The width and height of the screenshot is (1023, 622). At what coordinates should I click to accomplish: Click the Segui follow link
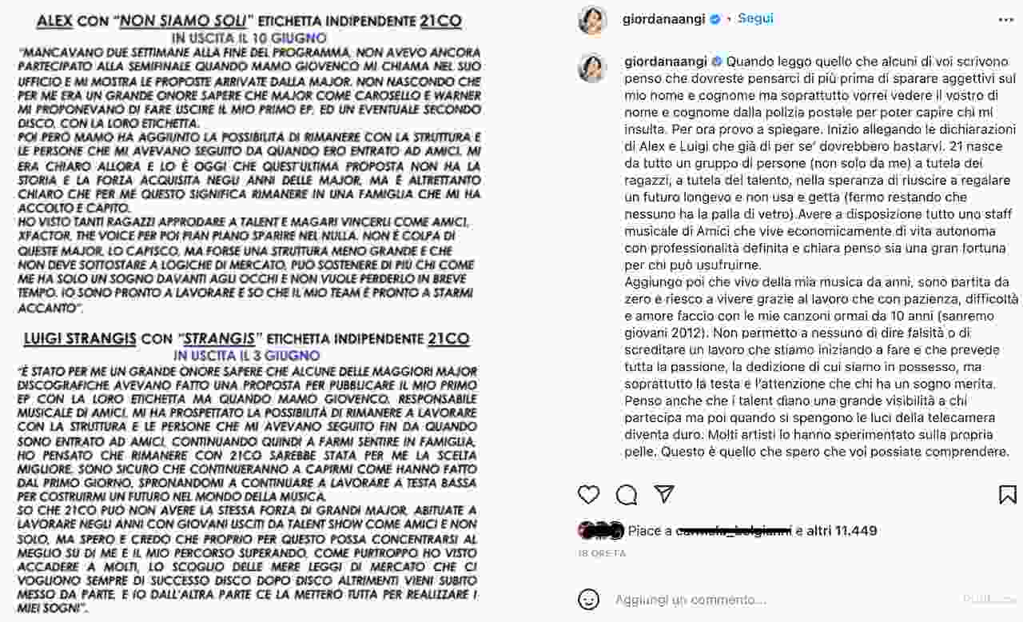tap(755, 18)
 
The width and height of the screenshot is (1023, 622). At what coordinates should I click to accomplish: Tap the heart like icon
tap(588, 495)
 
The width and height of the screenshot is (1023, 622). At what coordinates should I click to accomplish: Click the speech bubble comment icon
tap(627, 495)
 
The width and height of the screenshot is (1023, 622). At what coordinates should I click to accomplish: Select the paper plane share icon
tap(664, 494)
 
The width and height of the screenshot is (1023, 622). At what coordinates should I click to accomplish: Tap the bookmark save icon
tap(1007, 495)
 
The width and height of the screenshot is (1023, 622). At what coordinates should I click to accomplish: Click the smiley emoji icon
tap(589, 599)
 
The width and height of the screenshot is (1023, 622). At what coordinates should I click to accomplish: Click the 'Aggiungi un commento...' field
tap(691, 600)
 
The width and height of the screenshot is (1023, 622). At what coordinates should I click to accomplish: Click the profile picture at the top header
tap(592, 20)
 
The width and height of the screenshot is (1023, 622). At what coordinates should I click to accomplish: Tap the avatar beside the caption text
tap(592, 68)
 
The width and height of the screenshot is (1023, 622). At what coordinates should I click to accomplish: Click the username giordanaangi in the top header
tap(663, 19)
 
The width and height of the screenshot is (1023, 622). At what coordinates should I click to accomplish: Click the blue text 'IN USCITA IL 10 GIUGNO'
tap(249, 38)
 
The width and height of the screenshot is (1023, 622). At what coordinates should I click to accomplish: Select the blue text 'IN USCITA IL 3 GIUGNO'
tap(248, 355)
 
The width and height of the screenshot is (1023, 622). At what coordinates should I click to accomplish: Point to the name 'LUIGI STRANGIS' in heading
tap(79, 338)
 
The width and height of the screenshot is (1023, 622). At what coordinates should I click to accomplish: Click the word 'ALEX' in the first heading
tap(56, 21)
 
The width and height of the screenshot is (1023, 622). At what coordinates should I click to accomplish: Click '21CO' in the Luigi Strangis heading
tap(448, 338)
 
